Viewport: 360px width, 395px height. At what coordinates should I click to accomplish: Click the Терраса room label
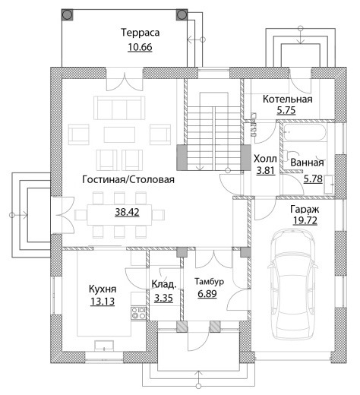tap(141, 33)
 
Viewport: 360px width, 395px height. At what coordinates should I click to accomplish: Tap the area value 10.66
tap(140, 47)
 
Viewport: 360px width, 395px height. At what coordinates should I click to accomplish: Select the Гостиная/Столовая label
tap(128, 179)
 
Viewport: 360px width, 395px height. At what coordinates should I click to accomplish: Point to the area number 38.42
tap(127, 212)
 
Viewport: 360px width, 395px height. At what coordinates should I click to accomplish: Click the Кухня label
tap(103, 289)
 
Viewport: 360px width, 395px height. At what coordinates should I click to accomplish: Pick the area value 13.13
tap(103, 302)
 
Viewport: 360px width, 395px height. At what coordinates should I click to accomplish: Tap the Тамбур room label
tap(209, 282)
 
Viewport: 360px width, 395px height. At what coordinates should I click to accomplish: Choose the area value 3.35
tap(163, 298)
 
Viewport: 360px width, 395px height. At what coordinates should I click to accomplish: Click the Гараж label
tap(305, 210)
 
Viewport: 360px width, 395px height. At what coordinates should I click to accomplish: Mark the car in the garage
tap(293, 284)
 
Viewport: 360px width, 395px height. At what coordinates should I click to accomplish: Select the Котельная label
tap(288, 99)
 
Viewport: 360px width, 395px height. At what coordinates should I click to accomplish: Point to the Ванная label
tap(307, 163)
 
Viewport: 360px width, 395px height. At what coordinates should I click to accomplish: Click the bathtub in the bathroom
tap(305, 131)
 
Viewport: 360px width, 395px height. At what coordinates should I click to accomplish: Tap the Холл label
tap(265, 159)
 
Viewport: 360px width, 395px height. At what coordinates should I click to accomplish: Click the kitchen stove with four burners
tap(138, 312)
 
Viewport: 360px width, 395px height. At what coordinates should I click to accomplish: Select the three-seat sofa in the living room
tap(119, 108)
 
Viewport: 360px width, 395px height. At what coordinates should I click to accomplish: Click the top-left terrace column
tap(68, 14)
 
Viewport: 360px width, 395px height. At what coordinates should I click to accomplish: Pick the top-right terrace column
tap(182, 14)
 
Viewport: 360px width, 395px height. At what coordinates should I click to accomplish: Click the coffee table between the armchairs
tap(119, 134)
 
